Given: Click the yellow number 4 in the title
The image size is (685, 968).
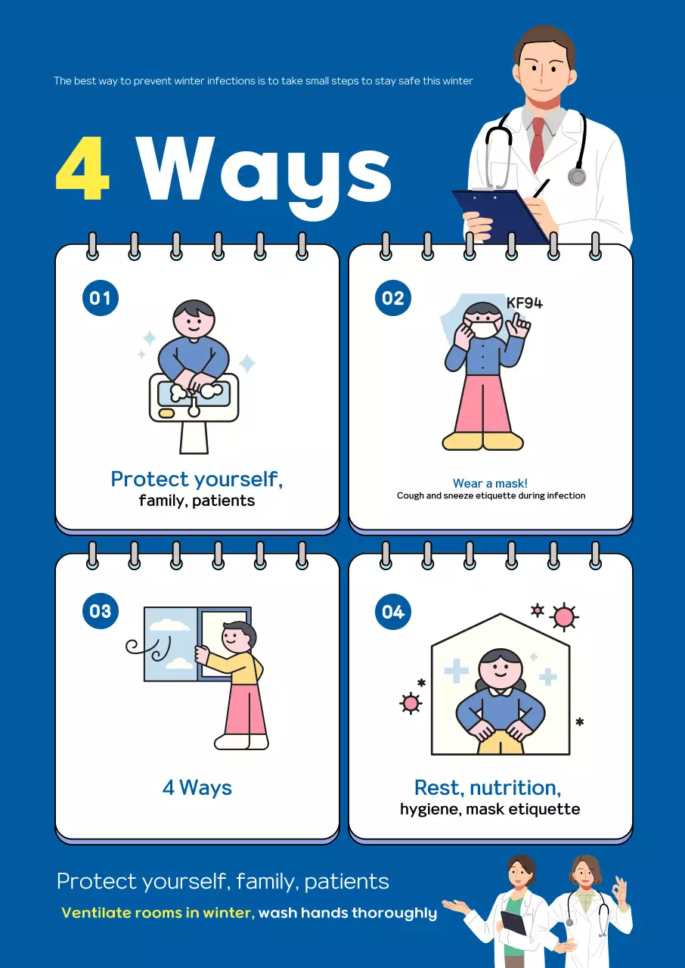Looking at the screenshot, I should pyautogui.click(x=83, y=171).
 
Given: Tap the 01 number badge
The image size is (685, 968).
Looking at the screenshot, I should pyautogui.click(x=100, y=297).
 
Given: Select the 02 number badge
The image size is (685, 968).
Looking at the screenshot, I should pyautogui.click(x=392, y=297).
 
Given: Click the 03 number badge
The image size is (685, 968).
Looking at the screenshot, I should pyautogui.click(x=100, y=611).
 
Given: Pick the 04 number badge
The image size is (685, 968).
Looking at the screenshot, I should pyautogui.click(x=392, y=611).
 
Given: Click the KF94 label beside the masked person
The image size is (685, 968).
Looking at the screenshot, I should pyautogui.click(x=524, y=303).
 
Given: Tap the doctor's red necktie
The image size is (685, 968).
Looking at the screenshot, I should pyautogui.click(x=537, y=144).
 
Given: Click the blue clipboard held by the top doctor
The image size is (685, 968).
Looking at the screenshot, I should pyautogui.click(x=499, y=216).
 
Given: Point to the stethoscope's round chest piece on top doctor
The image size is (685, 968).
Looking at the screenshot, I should pyautogui.click(x=577, y=177).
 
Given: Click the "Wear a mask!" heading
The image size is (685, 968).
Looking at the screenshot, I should pyautogui.click(x=490, y=483).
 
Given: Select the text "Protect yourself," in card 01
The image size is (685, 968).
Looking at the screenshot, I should pyautogui.click(x=197, y=479).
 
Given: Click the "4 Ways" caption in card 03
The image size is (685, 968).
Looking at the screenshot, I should pyautogui.click(x=197, y=787).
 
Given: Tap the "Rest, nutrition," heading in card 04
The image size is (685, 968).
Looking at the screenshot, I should pyautogui.click(x=488, y=787).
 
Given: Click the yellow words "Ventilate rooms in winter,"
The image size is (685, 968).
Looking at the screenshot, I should pyautogui.click(x=157, y=913).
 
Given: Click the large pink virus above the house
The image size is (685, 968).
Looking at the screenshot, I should pyautogui.click(x=563, y=617).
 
